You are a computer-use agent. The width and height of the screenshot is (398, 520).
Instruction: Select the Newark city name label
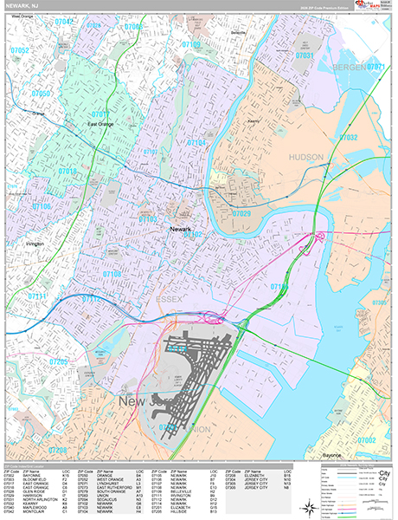(x=180, y=229)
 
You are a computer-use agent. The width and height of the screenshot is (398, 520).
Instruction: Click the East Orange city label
(x=103, y=124)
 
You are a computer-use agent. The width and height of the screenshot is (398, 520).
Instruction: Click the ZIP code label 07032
(x=349, y=137)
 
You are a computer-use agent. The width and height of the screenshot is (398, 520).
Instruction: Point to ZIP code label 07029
(x=241, y=213)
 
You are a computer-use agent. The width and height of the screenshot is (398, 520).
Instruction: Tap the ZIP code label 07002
(x=367, y=440)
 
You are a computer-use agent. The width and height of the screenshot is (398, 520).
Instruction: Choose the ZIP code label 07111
(x=39, y=296)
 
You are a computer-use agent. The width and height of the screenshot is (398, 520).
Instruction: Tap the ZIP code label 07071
(x=375, y=67)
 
